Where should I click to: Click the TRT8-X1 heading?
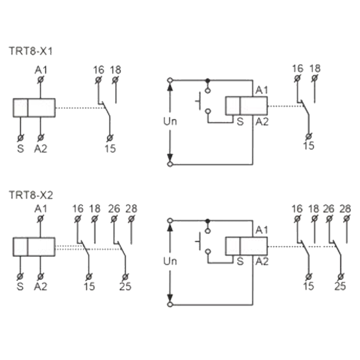(x=31, y=51)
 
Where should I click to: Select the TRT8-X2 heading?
(x=31, y=195)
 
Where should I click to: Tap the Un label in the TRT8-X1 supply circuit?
(x=170, y=121)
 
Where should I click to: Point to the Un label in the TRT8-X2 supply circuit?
(x=170, y=261)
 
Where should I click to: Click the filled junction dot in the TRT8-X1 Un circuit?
(x=208, y=80)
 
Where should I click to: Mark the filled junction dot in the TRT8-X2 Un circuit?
(x=208, y=221)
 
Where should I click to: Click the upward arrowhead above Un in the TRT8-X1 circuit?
(x=170, y=87)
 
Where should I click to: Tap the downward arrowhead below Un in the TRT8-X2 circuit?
(x=170, y=298)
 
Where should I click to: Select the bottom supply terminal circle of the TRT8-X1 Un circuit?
(x=170, y=165)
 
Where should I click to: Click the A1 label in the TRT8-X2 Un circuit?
(x=262, y=230)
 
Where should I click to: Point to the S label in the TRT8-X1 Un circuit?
(x=240, y=122)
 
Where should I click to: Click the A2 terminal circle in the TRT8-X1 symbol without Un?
(x=41, y=138)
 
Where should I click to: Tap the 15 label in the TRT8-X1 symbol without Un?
(x=110, y=149)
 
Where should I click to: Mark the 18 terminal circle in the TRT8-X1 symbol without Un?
(x=116, y=80)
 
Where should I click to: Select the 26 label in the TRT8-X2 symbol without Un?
(x=114, y=209)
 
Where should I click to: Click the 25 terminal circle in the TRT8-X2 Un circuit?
(x=340, y=277)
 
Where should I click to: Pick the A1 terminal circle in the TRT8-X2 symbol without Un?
(x=41, y=219)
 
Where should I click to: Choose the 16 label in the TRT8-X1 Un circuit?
(x=298, y=68)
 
